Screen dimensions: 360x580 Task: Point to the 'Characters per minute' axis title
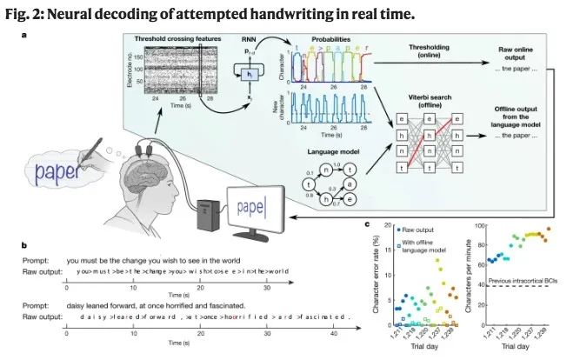click(478, 274)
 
